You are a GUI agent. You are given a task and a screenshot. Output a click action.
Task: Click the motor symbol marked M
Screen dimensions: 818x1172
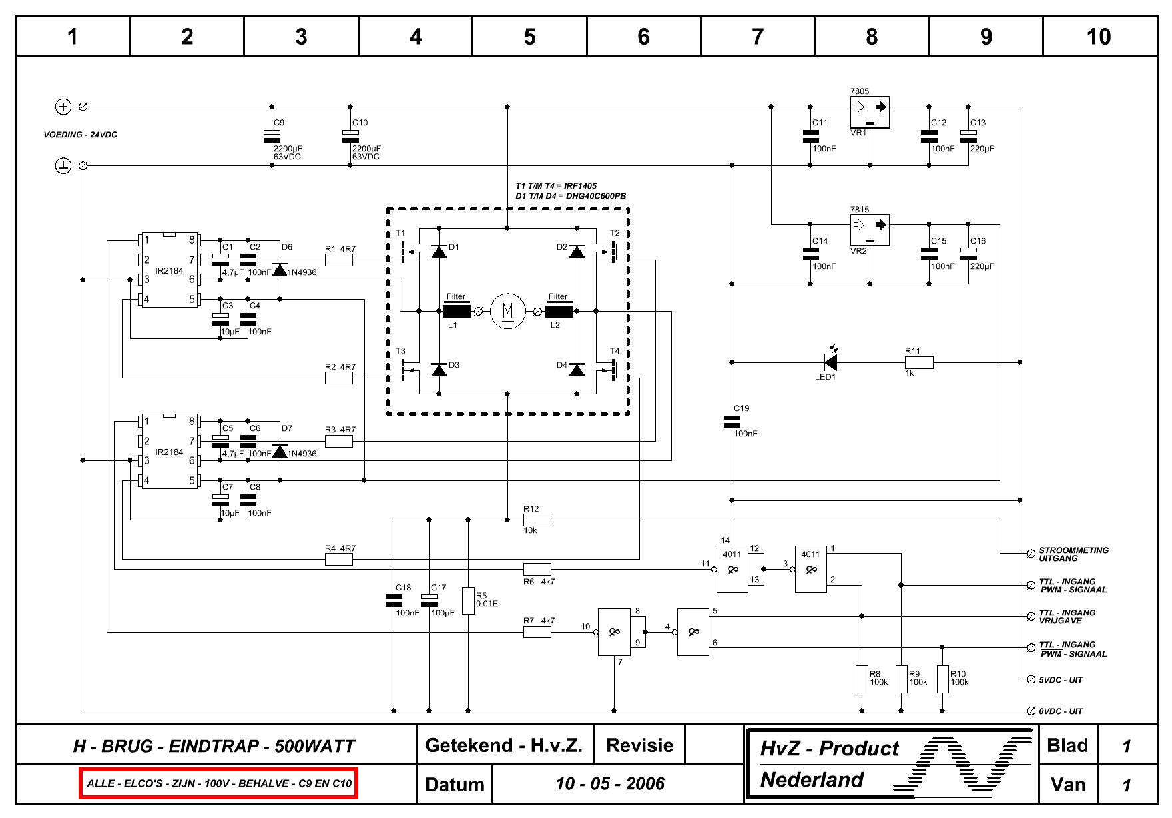pyautogui.click(x=507, y=311)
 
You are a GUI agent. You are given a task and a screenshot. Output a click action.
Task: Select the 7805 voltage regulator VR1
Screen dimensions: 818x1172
pyautogui.click(x=869, y=113)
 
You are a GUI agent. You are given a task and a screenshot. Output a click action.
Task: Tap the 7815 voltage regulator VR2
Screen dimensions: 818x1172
pyautogui.click(x=869, y=230)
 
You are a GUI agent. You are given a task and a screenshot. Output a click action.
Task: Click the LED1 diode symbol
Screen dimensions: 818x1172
pyautogui.click(x=830, y=362)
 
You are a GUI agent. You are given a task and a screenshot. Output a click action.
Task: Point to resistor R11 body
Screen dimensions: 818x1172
pyautogui.click(x=919, y=362)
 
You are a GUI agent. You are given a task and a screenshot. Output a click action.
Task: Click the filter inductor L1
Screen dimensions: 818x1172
pyautogui.click(x=456, y=311)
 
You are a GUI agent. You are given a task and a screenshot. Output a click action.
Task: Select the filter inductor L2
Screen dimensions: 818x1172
pyautogui.click(x=559, y=311)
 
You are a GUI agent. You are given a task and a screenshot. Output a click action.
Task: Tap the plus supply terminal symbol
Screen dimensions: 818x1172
pyautogui.click(x=63, y=106)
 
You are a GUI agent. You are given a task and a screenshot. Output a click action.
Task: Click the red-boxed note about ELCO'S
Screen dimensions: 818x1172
pyautogui.click(x=219, y=783)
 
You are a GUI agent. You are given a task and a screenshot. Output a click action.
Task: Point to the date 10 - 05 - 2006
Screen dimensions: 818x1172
pyautogui.click(x=610, y=783)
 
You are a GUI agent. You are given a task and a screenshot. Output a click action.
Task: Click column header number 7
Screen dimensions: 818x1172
pyautogui.click(x=757, y=37)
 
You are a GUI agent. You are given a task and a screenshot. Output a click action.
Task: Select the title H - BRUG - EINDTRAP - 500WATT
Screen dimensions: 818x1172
pyautogui.click(x=214, y=746)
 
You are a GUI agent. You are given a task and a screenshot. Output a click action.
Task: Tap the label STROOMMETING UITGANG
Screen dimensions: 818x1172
pyautogui.click(x=1073, y=554)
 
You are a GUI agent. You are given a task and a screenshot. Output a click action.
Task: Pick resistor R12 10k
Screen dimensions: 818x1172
pyautogui.click(x=537, y=520)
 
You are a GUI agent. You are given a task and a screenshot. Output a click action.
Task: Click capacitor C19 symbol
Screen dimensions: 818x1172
pyautogui.click(x=732, y=421)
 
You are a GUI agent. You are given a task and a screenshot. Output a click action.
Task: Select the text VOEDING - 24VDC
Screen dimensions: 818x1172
pyautogui.click(x=81, y=135)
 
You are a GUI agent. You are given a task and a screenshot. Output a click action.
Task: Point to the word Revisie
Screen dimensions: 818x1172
pyautogui.click(x=639, y=745)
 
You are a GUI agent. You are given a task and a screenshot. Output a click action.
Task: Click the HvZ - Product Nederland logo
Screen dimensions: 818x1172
pyautogui.click(x=891, y=764)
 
